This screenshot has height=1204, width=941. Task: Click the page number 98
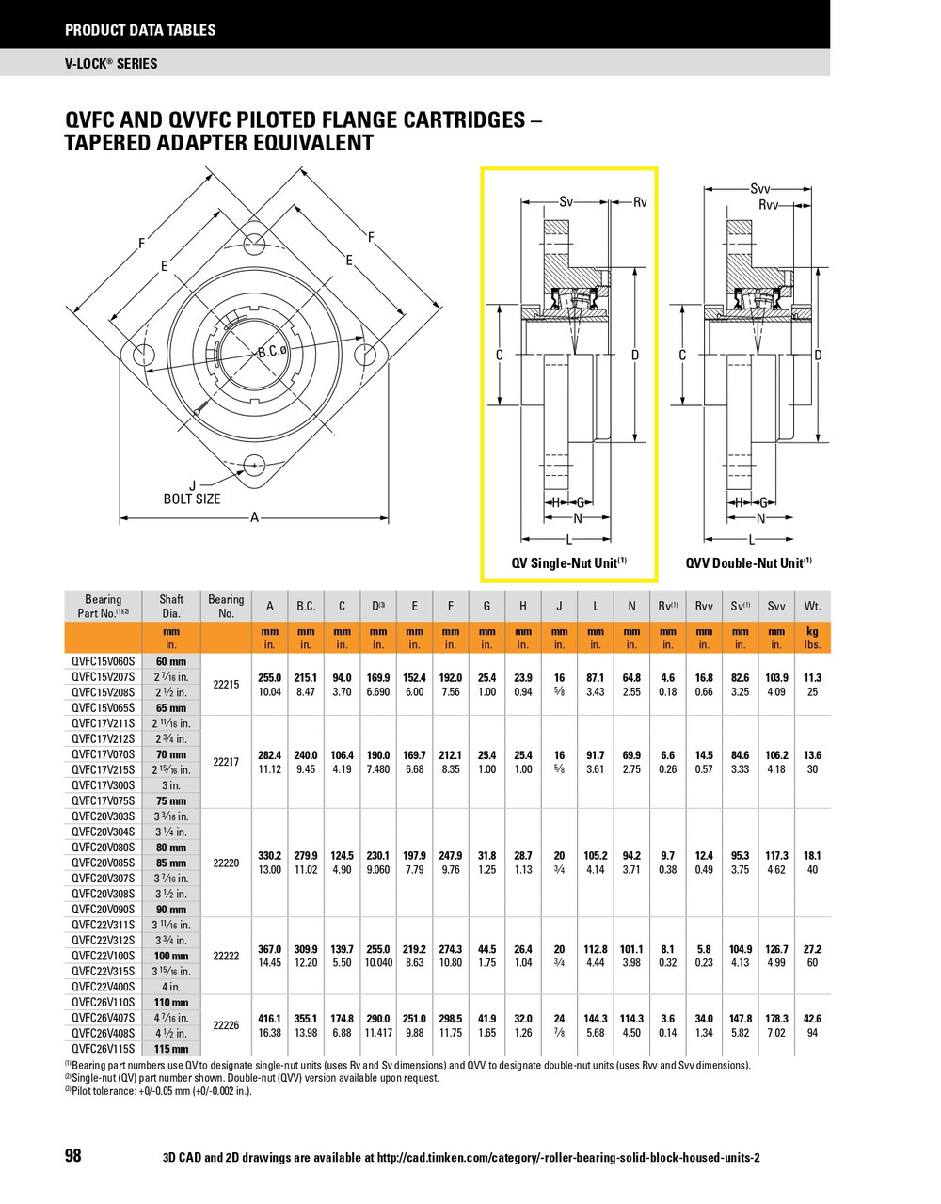point(72,1156)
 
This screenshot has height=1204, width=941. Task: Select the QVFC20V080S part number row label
point(104,847)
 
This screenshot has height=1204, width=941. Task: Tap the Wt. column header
point(812,606)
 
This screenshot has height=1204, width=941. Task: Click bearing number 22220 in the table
point(226,863)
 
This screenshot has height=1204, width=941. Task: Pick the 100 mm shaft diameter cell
point(171,956)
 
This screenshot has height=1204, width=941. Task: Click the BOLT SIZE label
point(192,499)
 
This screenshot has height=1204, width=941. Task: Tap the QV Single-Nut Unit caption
point(568,562)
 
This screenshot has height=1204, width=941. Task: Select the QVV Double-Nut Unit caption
point(748,562)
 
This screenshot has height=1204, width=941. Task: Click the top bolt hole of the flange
point(254,244)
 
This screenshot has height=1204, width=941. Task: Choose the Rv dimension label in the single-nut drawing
point(640,201)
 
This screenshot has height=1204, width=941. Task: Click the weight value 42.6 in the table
point(812,1019)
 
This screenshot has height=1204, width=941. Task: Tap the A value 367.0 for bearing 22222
point(270,949)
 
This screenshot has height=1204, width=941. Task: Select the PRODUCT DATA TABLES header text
point(140,30)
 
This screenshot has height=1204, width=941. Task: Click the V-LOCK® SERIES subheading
point(111,64)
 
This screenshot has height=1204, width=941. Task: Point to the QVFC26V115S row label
point(104,1049)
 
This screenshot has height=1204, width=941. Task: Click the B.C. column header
point(306,606)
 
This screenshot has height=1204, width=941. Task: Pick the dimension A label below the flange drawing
point(254,516)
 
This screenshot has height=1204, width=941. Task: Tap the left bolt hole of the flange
point(144,355)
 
